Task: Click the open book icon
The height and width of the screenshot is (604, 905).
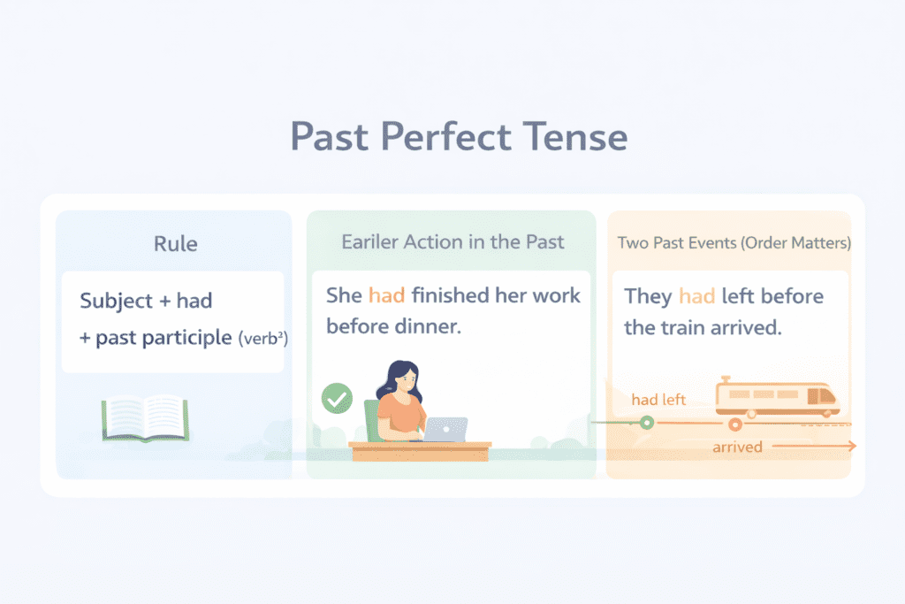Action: pyautogui.click(x=145, y=417)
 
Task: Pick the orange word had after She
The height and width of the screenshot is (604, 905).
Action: pyautogui.click(x=386, y=295)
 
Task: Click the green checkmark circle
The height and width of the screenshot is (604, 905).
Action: pyautogui.click(x=335, y=398)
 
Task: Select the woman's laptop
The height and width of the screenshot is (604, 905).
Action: pyautogui.click(x=446, y=430)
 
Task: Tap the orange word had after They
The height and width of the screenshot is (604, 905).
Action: pyautogui.click(x=696, y=295)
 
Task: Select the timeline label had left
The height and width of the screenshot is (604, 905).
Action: pyautogui.click(x=658, y=400)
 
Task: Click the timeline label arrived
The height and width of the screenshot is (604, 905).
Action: pyautogui.click(x=737, y=447)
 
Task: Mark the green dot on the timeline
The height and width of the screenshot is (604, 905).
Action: pyautogui.click(x=647, y=423)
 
